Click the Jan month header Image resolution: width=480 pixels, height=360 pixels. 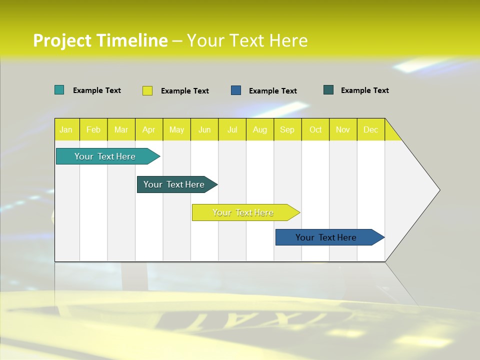tap(66, 129)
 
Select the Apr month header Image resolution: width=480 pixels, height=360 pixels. tap(148, 129)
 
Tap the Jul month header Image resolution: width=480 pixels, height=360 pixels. tap(232, 129)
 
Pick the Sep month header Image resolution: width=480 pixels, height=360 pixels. tap(287, 129)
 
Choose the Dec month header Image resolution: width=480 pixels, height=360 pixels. tap(370, 129)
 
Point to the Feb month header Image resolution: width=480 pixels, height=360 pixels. tap(93, 129)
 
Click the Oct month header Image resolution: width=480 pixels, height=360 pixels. tap(315, 129)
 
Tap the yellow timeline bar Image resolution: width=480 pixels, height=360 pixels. tap(243, 212)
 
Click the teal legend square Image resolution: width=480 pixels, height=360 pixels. tap(59, 90)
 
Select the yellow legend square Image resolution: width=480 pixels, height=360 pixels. tap(147, 90)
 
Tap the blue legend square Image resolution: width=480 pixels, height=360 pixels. tap(236, 90)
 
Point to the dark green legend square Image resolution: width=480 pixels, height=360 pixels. tap(328, 90)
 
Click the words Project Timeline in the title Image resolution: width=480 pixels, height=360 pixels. tap(100, 40)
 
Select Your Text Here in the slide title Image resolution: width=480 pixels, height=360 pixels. tap(247, 40)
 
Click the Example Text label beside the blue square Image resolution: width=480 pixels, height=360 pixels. tap(272, 91)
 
